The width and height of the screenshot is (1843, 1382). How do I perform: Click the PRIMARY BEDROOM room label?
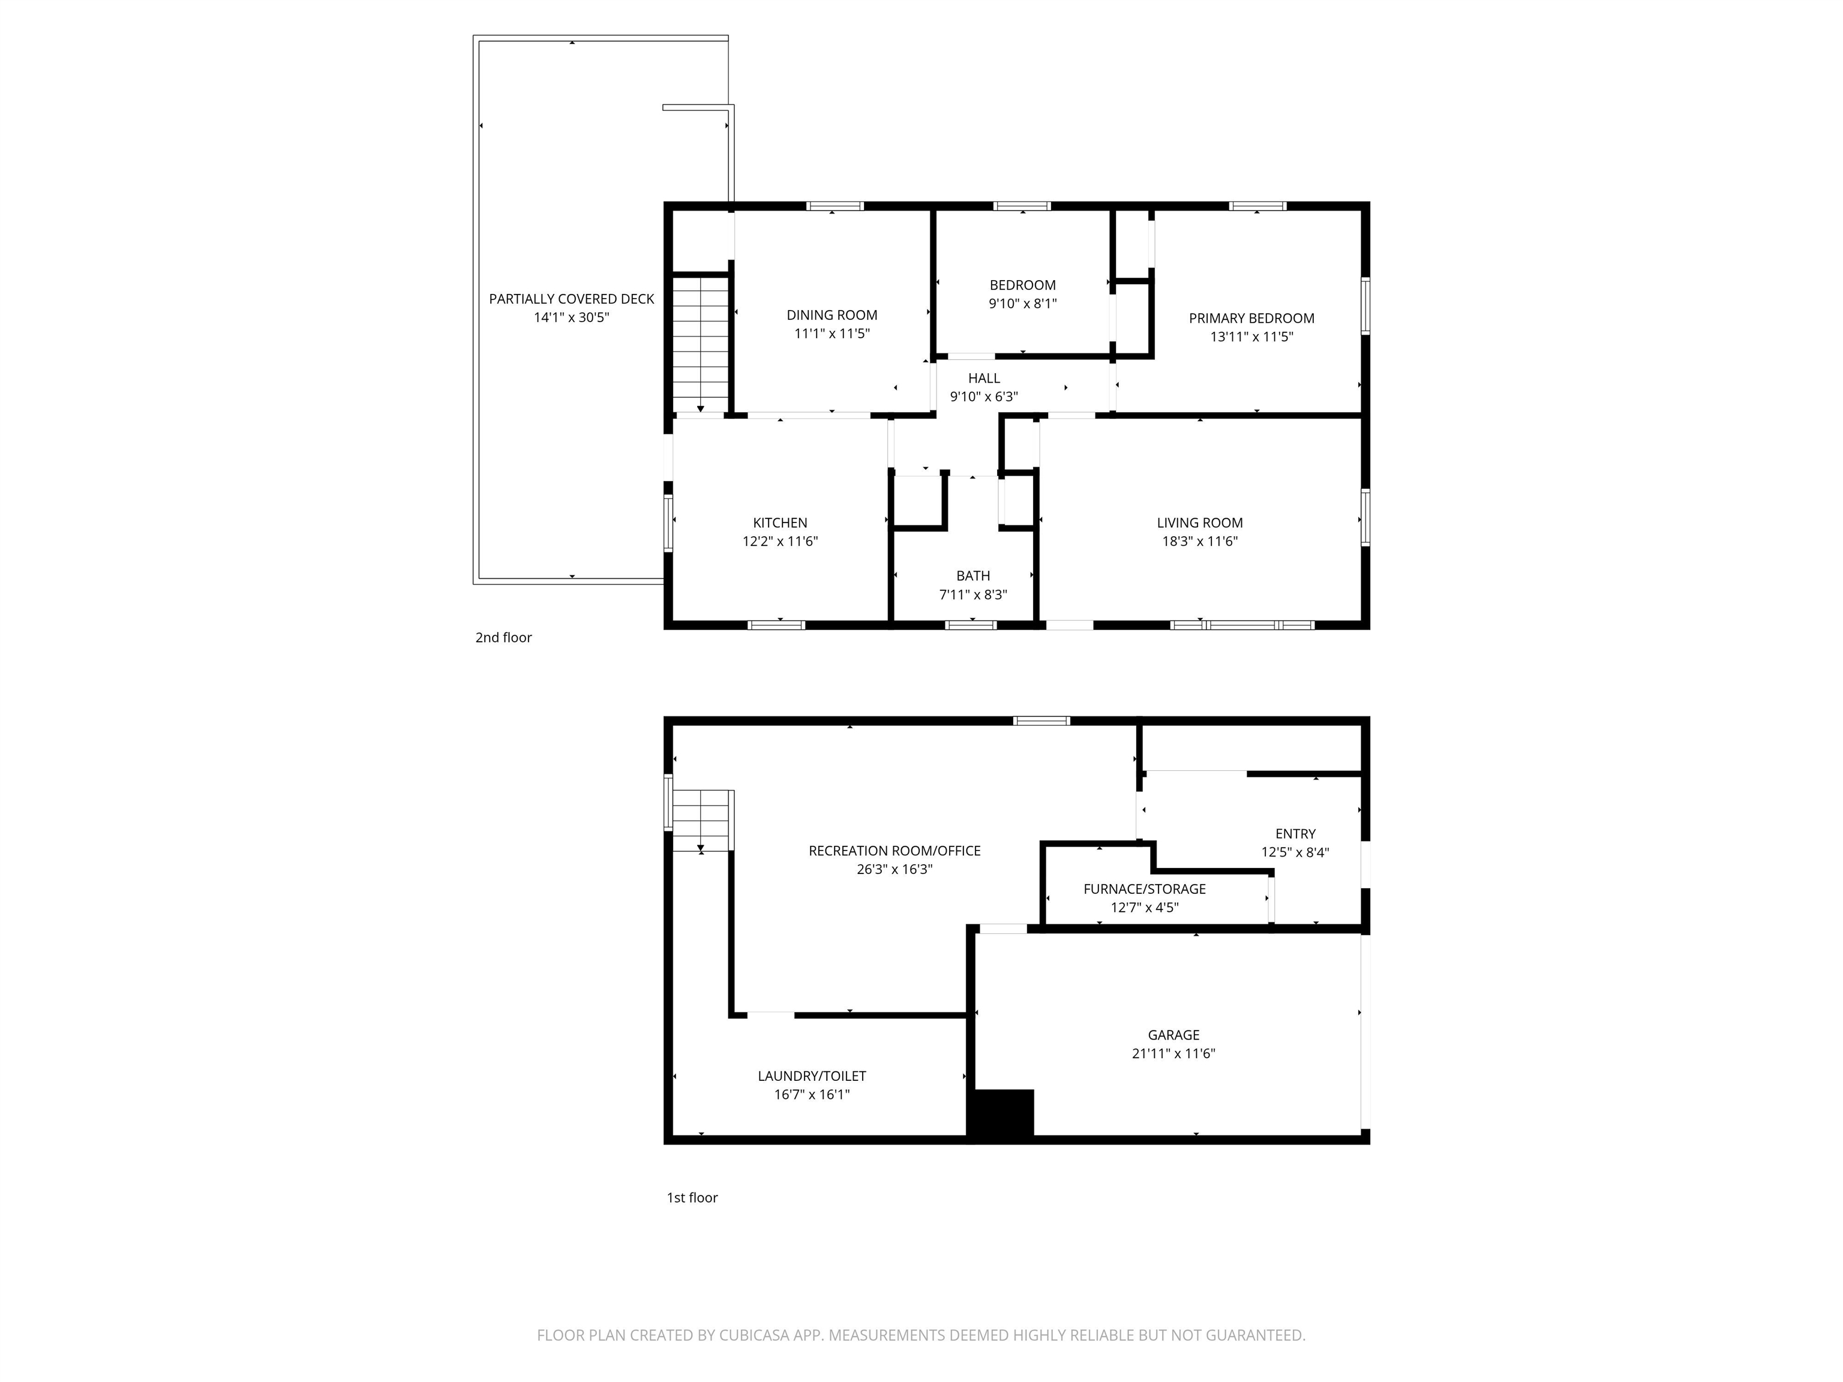coord(1251,319)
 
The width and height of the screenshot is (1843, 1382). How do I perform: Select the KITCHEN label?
coord(780,523)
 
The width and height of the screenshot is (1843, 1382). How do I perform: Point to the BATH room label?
coord(972,576)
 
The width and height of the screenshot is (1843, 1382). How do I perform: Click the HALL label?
coord(983,378)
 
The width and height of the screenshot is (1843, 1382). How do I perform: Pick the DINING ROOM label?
coord(832,315)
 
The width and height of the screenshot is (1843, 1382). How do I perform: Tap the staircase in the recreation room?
coord(703,821)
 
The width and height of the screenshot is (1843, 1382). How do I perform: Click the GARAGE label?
coord(1173,1035)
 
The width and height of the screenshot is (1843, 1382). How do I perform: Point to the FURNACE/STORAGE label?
coord(1144,889)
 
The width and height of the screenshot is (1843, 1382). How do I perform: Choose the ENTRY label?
coord(1295,834)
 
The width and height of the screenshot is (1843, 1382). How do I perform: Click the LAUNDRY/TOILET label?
coord(812,1076)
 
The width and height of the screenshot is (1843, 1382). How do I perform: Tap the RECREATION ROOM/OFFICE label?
coord(894,851)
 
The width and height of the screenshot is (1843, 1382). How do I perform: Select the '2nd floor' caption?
coord(503,637)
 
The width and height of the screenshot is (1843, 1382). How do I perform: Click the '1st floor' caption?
coord(692,1197)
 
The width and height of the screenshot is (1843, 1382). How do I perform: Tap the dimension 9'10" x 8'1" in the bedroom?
coord(1022,304)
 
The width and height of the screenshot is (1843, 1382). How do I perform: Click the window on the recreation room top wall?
coord(1041,720)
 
